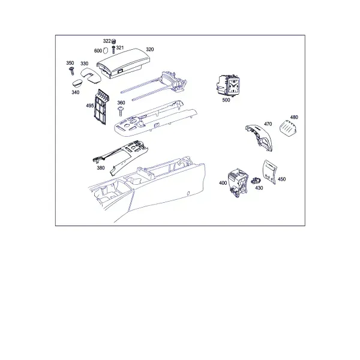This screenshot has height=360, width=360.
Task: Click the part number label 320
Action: (x=149, y=49)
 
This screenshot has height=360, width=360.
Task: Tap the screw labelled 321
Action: (x=113, y=50)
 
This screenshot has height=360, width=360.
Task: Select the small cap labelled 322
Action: (x=113, y=41)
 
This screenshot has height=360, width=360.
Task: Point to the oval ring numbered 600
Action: (x=106, y=50)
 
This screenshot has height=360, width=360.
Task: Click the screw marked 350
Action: (x=71, y=71)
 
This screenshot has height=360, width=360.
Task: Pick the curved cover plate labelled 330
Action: (x=91, y=75)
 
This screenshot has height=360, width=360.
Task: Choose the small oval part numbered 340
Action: (x=78, y=83)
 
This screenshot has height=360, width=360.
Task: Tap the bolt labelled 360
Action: (x=121, y=111)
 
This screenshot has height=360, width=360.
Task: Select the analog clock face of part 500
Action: (x=233, y=86)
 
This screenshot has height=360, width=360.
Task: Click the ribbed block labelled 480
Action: (x=288, y=127)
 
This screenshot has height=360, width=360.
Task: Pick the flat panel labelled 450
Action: (x=270, y=172)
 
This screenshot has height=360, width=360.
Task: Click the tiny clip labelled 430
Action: (x=256, y=181)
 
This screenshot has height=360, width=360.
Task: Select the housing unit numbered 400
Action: (x=238, y=183)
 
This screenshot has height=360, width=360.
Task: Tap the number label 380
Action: (x=101, y=168)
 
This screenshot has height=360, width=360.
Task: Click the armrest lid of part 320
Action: (x=124, y=62)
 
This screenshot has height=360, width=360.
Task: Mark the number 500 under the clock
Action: (x=226, y=100)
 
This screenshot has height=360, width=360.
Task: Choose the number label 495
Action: (x=90, y=106)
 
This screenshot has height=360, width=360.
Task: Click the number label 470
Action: (x=268, y=124)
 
